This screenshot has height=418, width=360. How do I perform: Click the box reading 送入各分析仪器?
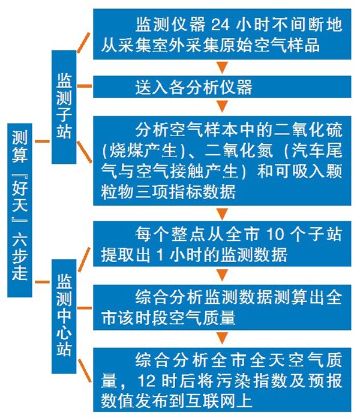click(x=222, y=86)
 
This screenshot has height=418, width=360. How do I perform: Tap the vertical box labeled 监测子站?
click(x=64, y=107)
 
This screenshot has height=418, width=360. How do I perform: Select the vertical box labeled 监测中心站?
click(x=64, y=316)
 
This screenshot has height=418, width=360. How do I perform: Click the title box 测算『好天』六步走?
click(x=20, y=210)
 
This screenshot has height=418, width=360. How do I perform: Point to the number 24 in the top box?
click(x=220, y=25)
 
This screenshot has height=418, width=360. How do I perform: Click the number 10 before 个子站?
click(x=276, y=234)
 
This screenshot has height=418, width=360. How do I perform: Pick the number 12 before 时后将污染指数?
click(x=146, y=381)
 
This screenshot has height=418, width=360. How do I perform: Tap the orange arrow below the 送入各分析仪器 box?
click(x=222, y=106)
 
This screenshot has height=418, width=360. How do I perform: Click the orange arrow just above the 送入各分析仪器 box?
click(x=222, y=67)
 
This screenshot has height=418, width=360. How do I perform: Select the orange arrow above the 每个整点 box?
click(x=222, y=214)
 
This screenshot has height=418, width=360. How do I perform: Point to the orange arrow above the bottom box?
click(x=222, y=338)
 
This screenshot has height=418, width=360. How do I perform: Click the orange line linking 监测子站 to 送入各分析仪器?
click(x=85, y=86)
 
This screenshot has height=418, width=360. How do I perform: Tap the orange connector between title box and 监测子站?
click(x=42, y=142)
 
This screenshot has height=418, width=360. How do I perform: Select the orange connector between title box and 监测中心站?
click(x=42, y=282)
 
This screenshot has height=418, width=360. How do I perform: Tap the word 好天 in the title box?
click(x=20, y=196)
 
